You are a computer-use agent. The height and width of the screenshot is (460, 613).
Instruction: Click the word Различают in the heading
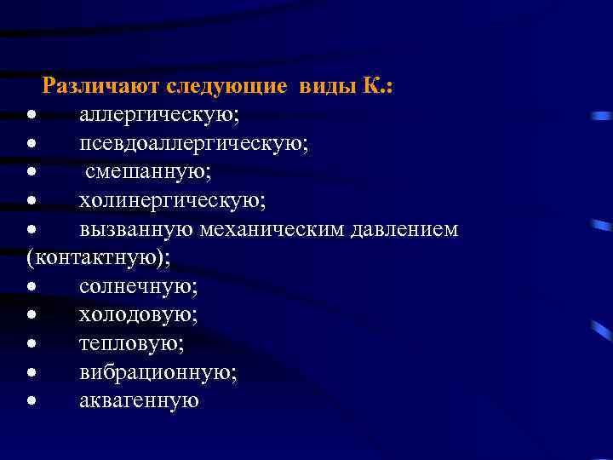(101, 85)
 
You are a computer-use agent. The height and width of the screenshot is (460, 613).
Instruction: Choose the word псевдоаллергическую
(194, 143)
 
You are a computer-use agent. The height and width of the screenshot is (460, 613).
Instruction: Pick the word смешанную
(149, 171)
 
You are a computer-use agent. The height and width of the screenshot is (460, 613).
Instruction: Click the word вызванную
(136, 229)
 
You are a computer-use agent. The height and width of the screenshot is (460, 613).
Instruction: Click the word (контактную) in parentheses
(92, 257)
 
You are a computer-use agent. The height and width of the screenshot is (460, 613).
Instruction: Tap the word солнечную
(139, 286)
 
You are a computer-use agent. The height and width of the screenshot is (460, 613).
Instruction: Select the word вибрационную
(158, 372)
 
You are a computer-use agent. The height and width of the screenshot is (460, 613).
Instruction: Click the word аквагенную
(139, 400)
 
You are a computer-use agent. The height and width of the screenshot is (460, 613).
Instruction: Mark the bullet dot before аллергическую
(31, 115)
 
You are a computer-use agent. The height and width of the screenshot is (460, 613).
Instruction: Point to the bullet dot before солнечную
(31, 287)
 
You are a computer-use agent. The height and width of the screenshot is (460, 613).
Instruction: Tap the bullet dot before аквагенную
(31, 401)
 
